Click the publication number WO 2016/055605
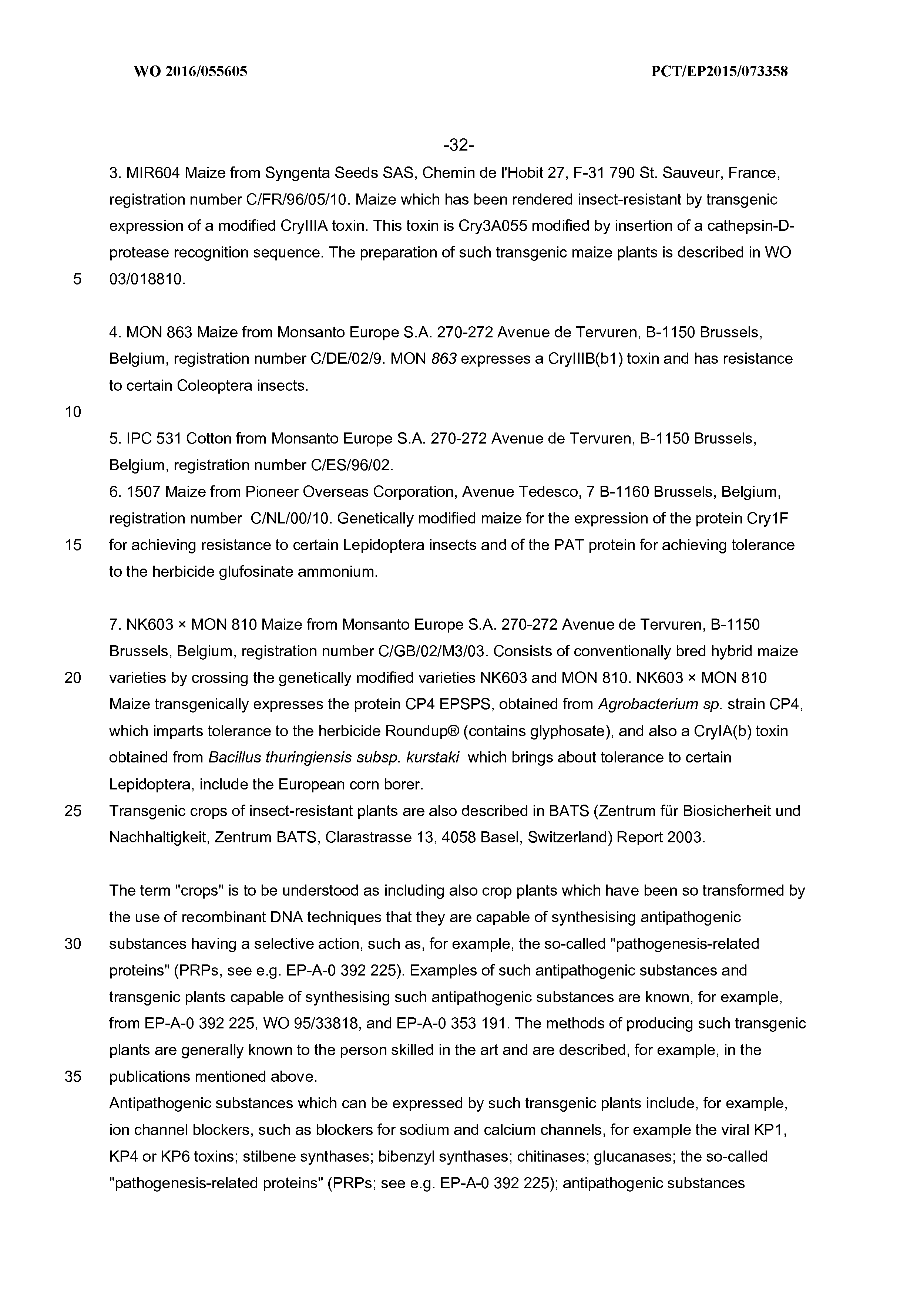click(191, 72)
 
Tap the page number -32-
click(458, 146)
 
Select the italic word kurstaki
click(433, 758)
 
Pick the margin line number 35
click(73, 1077)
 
